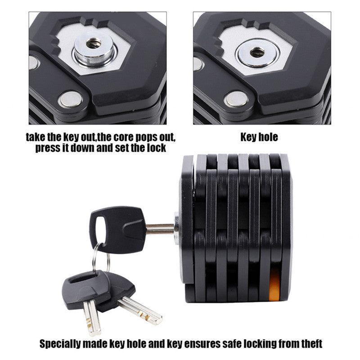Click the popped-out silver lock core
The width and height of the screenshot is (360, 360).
(94, 47)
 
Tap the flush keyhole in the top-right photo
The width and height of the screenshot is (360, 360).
(257, 52)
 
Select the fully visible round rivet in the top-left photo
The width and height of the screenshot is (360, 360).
(71, 99)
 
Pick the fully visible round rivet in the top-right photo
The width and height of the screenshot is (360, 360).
(236, 99)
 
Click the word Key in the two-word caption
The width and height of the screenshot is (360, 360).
(248, 136)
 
